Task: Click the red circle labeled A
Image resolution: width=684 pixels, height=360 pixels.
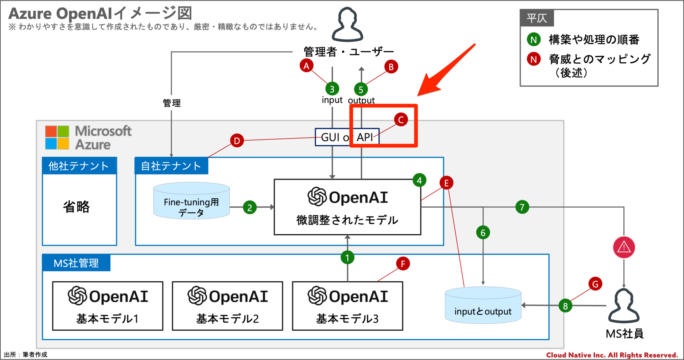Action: click(306, 66)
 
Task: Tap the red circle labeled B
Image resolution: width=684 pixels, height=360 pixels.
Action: click(391, 67)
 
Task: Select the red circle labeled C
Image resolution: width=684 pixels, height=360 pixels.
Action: click(401, 120)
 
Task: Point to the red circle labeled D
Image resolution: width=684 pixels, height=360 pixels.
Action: click(237, 141)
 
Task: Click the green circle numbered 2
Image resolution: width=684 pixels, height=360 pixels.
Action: click(250, 207)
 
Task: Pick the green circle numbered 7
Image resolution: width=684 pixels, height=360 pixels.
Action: click(522, 207)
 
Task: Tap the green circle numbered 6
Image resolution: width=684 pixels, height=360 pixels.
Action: click(483, 233)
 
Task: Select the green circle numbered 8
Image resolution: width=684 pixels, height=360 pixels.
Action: click(565, 306)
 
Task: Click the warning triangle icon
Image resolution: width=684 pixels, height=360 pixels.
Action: click(624, 247)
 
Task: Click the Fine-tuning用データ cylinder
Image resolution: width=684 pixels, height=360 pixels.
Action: click(191, 201)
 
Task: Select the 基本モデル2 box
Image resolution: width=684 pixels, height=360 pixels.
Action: click(227, 306)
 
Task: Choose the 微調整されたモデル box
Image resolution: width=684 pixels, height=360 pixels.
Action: click(347, 207)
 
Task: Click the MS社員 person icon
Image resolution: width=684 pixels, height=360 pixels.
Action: click(624, 306)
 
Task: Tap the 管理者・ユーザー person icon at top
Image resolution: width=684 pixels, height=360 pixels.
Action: click(347, 25)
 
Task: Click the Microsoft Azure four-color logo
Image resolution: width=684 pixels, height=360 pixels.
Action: click(57, 137)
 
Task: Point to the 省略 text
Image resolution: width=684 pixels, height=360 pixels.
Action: click(76, 207)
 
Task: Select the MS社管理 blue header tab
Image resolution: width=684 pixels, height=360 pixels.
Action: click(76, 263)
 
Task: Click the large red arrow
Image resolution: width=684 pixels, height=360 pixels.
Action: click(445, 71)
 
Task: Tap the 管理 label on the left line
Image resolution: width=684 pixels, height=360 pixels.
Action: click(172, 103)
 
